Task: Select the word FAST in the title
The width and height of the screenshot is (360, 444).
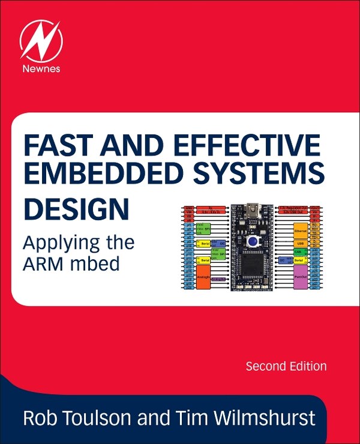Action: point(53,145)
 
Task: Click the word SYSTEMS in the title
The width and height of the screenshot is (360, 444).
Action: point(254,175)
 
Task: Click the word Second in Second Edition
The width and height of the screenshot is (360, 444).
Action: point(266,366)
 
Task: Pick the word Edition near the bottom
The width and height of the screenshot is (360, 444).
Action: point(308,366)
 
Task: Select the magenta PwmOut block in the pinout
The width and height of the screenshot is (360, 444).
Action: point(299,277)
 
